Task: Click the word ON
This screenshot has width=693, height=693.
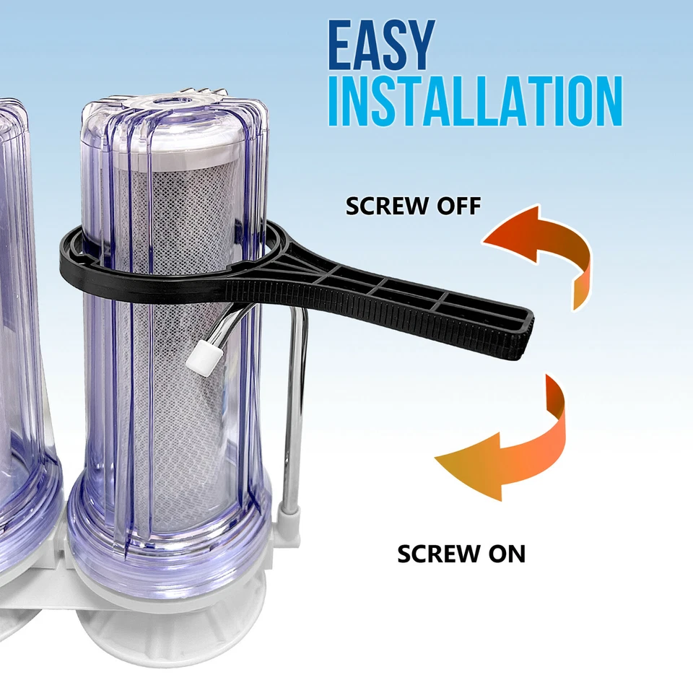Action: [x=502, y=554]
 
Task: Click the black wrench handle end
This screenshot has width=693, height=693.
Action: [x=505, y=325]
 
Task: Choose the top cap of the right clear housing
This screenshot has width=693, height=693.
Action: [x=173, y=115]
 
